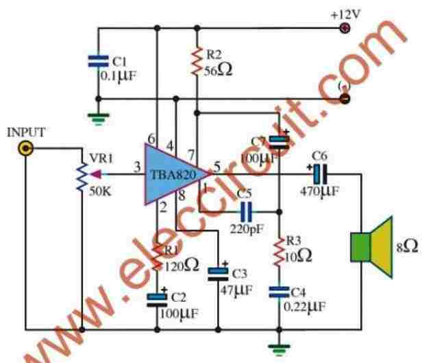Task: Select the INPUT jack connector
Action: [26, 148]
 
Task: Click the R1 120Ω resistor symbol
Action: [159, 258]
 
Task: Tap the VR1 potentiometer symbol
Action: [83, 174]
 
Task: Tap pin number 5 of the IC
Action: [217, 165]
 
